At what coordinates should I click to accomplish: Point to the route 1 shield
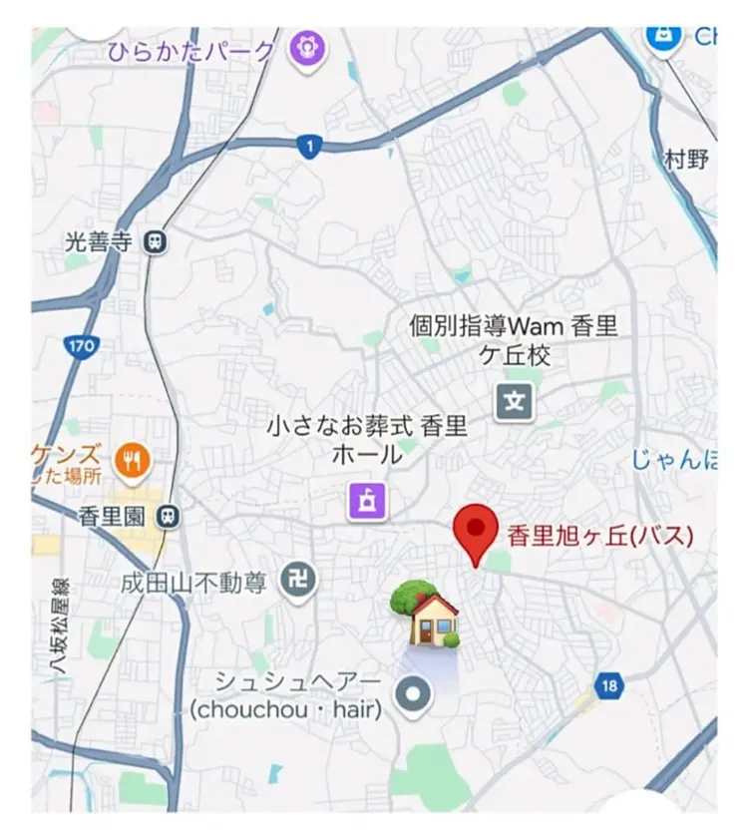pos(310,148)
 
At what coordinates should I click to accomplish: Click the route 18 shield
pos(609,686)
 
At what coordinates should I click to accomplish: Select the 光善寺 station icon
pos(156,240)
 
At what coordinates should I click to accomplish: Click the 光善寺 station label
pos(98,240)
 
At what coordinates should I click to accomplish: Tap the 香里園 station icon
pos(172,515)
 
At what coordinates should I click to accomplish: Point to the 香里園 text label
pos(118,516)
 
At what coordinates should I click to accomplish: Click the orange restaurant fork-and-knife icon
pos(132,459)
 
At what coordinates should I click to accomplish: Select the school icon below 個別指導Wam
pos(515,402)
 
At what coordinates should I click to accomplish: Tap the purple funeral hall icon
pos(366,500)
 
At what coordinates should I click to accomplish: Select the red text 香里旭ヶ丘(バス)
pos(599,535)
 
